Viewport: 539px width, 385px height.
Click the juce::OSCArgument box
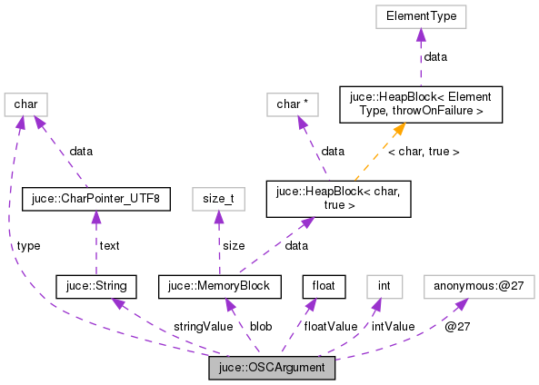[272, 369]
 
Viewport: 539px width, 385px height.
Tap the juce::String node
[96, 287]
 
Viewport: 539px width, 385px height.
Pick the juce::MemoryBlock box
[219, 287]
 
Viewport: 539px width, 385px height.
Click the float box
[324, 287]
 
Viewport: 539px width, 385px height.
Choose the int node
[384, 287]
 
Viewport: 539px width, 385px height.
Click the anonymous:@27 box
[479, 287]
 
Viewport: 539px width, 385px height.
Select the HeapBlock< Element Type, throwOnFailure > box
[410, 104]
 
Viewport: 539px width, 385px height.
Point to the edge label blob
[261, 326]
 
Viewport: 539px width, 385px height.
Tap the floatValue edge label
[330, 326]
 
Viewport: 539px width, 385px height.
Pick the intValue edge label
[393, 326]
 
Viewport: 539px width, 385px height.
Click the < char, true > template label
[424, 152]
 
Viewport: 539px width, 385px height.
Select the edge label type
[27, 245]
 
